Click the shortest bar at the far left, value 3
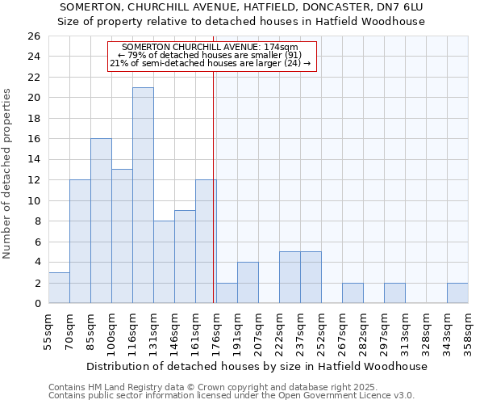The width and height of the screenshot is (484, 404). pyautogui.click(x=59, y=288)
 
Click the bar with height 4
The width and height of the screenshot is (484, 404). pyautogui.click(x=248, y=283)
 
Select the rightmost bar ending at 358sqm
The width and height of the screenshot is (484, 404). pyautogui.click(x=457, y=293)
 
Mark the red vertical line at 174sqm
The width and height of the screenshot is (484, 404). pyautogui.click(x=214, y=186)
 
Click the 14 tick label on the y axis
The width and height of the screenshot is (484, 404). pyautogui.click(x=33, y=160)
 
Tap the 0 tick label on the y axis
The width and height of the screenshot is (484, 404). pyautogui.click(x=36, y=304)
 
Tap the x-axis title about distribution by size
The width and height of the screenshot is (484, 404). pyautogui.click(x=257, y=366)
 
